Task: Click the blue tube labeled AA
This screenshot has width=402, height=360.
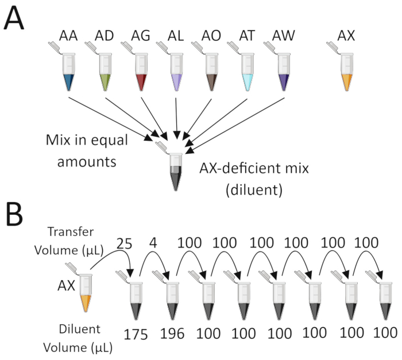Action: coord(69,72)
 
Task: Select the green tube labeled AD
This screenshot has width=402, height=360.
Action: coord(103,72)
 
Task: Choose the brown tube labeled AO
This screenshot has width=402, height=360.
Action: coord(210,72)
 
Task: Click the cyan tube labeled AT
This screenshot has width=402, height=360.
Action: coord(247,72)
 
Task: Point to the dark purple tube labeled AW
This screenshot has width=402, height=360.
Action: coord(282,72)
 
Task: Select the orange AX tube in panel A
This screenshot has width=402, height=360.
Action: coord(347,72)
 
